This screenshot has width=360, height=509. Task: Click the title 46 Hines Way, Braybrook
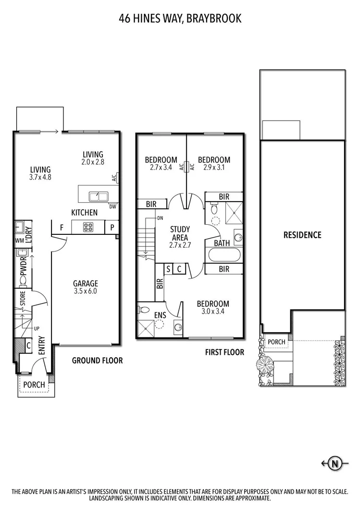point(180,19)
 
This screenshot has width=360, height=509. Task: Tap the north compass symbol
point(333,463)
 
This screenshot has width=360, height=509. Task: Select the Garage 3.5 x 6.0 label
point(85,287)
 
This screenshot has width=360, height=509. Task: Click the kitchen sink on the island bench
point(99,196)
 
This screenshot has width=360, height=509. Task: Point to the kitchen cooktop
point(88,227)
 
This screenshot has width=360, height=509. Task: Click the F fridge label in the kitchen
point(62,227)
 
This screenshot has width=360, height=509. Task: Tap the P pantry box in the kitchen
point(112,227)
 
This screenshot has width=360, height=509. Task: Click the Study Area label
point(180,237)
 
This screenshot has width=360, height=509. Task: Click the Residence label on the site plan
point(302,235)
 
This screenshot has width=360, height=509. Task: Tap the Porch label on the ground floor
point(34,385)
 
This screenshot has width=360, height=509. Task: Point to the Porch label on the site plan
point(276,342)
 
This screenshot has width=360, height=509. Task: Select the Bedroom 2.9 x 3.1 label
point(214,163)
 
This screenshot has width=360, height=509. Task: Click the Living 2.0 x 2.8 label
point(93,158)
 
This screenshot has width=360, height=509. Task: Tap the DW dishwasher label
point(112,207)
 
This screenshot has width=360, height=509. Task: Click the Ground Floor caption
point(97,360)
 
